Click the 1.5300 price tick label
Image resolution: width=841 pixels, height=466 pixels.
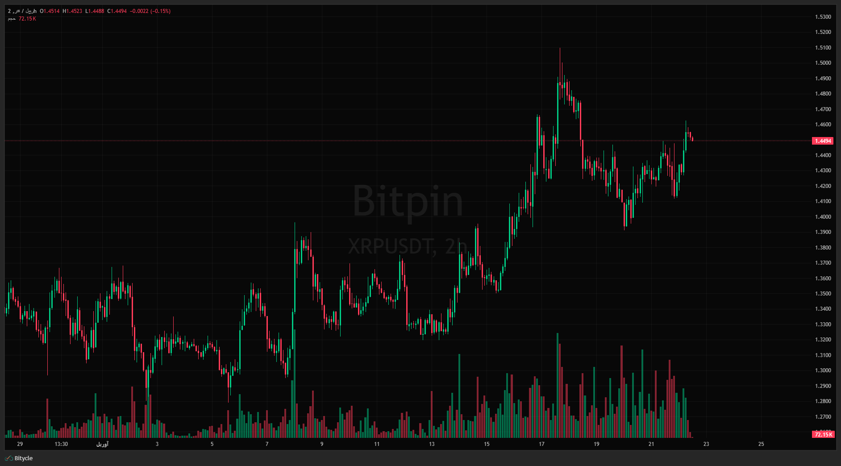pos(823,17)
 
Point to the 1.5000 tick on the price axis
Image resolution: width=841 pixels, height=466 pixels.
pos(823,63)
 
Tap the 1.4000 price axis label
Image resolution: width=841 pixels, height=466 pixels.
pos(823,217)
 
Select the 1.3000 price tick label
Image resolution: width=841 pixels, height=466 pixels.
pos(823,370)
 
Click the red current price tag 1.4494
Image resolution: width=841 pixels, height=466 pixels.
pos(823,141)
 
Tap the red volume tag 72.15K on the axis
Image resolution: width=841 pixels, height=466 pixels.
pos(823,434)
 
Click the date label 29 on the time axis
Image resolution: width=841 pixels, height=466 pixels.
pos(20,444)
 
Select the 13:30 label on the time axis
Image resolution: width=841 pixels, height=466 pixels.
pos(61,444)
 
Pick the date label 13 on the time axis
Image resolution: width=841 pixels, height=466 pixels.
pos(432,444)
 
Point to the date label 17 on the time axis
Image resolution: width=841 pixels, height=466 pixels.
pos(541,444)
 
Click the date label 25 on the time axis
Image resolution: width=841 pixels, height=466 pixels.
pos(761,444)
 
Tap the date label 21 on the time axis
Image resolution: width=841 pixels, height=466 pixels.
pos(651,444)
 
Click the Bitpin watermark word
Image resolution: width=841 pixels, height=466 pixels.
pos(408,201)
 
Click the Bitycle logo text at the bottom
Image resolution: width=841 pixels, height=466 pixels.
pos(23,458)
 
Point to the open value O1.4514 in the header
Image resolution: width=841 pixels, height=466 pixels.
pos(50,11)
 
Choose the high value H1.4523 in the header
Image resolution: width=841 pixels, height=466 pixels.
pos(72,11)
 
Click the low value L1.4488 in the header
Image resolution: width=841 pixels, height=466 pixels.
pos(95,11)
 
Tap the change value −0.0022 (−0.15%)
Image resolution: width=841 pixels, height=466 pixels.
pos(150,11)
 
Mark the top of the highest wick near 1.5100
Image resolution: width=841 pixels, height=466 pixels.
pos(560,48)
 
